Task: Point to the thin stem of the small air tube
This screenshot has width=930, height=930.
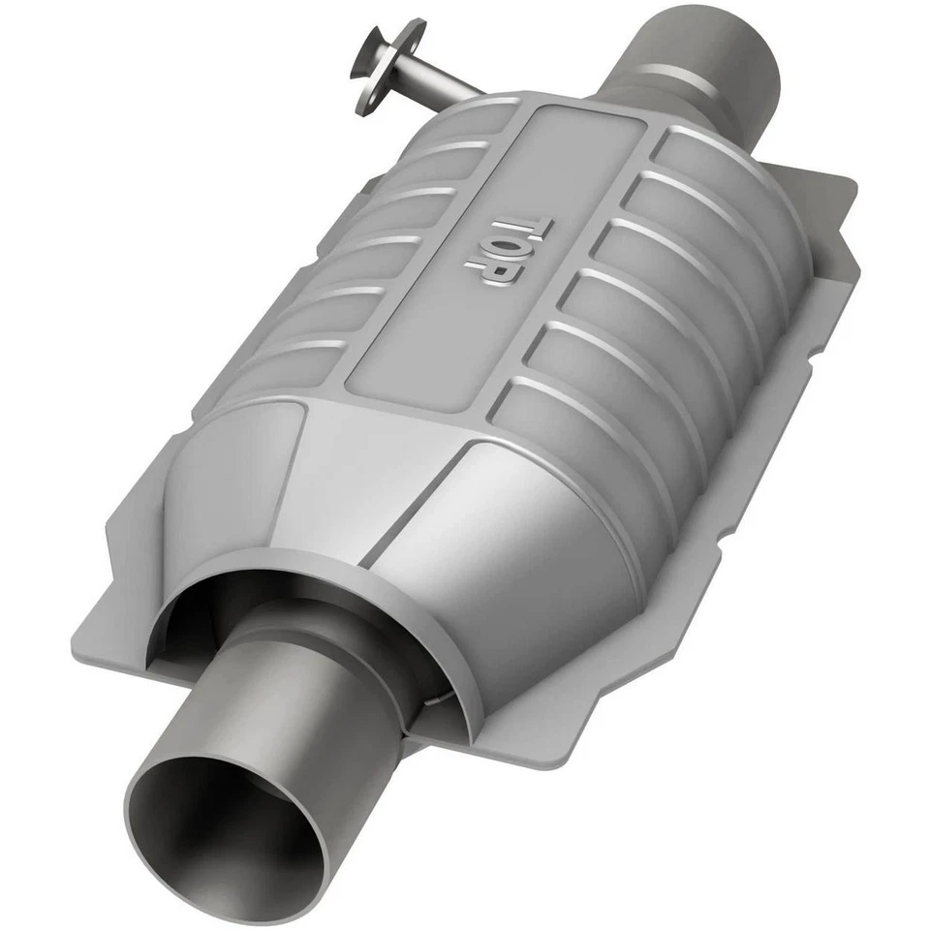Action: point(441,84)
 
